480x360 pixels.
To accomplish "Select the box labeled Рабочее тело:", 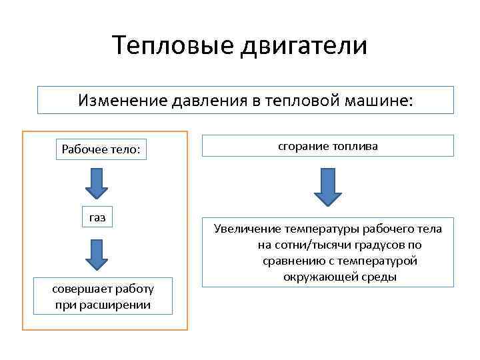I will [x=101, y=149].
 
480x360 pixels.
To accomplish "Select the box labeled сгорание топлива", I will [x=327, y=146].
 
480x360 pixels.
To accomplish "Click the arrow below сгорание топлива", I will [x=327, y=187].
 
